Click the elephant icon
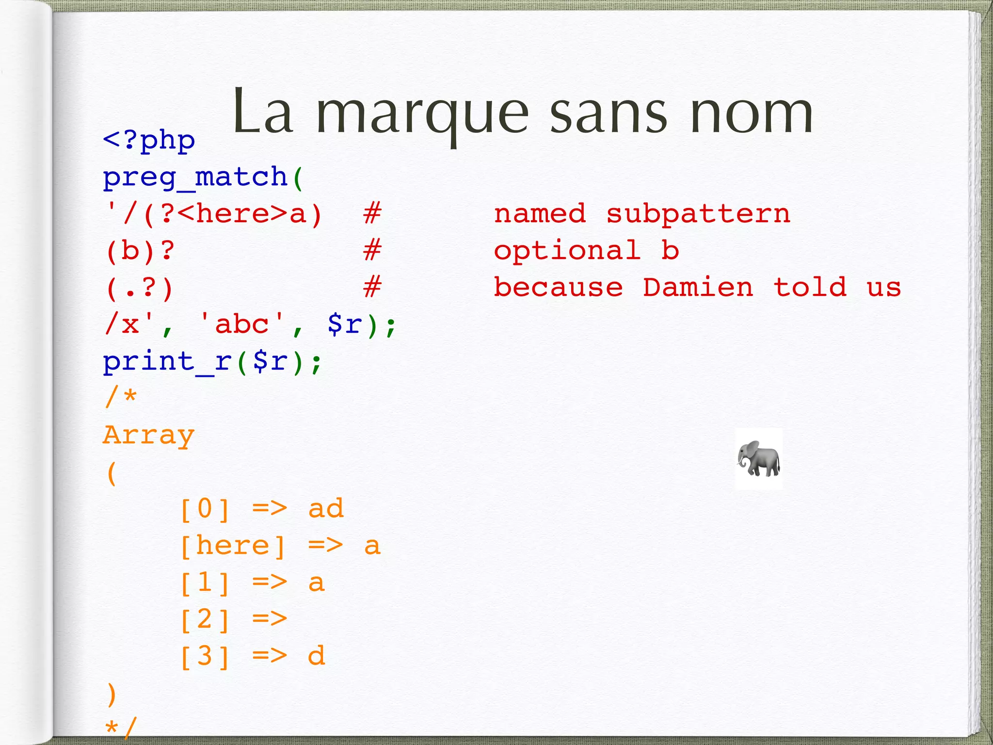click(759, 458)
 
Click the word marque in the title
click(422, 114)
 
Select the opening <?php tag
click(149, 141)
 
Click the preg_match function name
click(195, 177)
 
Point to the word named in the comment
click(540, 214)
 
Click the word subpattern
click(698, 214)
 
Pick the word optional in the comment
click(567, 251)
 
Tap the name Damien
click(698, 287)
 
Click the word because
click(558, 287)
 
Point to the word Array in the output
click(149, 435)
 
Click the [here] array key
click(233, 546)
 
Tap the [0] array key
click(205, 509)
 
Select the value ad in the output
click(326, 509)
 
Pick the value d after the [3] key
click(317, 656)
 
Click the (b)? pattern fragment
click(140, 251)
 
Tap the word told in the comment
click(810, 287)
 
